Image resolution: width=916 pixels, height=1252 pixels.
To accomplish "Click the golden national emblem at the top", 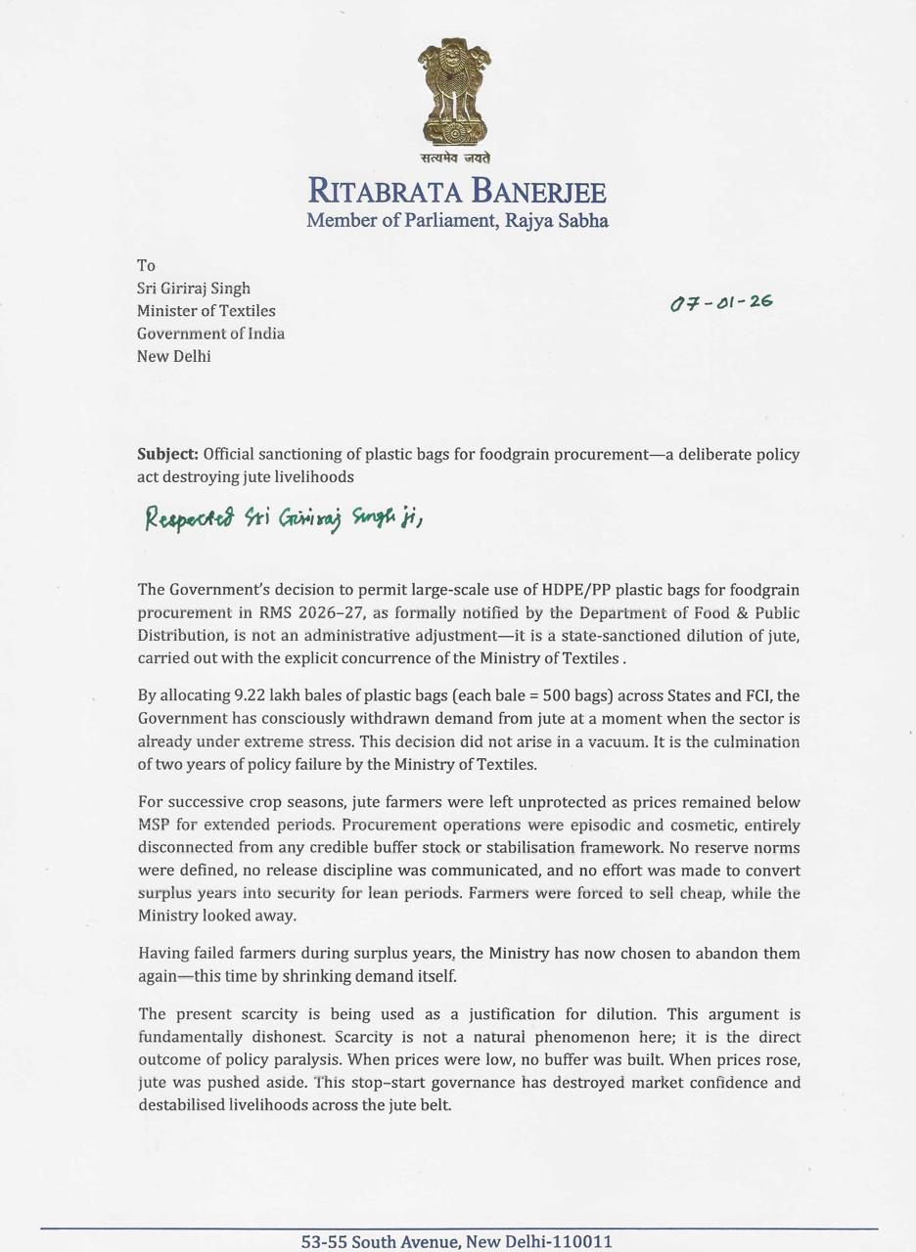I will pyautogui.click(x=456, y=93).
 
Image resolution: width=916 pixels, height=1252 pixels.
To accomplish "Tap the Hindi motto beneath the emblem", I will pyautogui.click(x=456, y=157).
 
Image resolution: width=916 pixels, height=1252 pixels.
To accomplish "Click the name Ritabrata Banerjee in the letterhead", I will pyautogui.click(x=457, y=190).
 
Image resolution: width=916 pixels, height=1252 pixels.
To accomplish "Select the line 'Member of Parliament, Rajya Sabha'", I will pyautogui.click(x=457, y=220).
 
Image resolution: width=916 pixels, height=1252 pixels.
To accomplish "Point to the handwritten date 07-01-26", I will pyautogui.click(x=722, y=302).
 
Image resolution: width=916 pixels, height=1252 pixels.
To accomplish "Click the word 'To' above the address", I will pyautogui.click(x=146, y=265).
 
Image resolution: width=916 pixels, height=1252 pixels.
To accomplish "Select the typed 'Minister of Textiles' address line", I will pyautogui.click(x=206, y=311).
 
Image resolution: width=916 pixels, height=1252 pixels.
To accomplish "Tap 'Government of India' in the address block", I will pyautogui.click(x=210, y=334).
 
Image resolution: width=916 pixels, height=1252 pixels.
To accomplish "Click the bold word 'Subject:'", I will pyautogui.click(x=167, y=455).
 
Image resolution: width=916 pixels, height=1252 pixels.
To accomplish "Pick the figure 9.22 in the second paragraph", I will pyautogui.click(x=250, y=696).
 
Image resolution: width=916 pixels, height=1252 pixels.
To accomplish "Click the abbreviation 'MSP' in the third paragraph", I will pyautogui.click(x=155, y=825).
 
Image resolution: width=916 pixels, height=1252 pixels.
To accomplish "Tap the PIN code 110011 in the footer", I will pyautogui.click(x=582, y=1241).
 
